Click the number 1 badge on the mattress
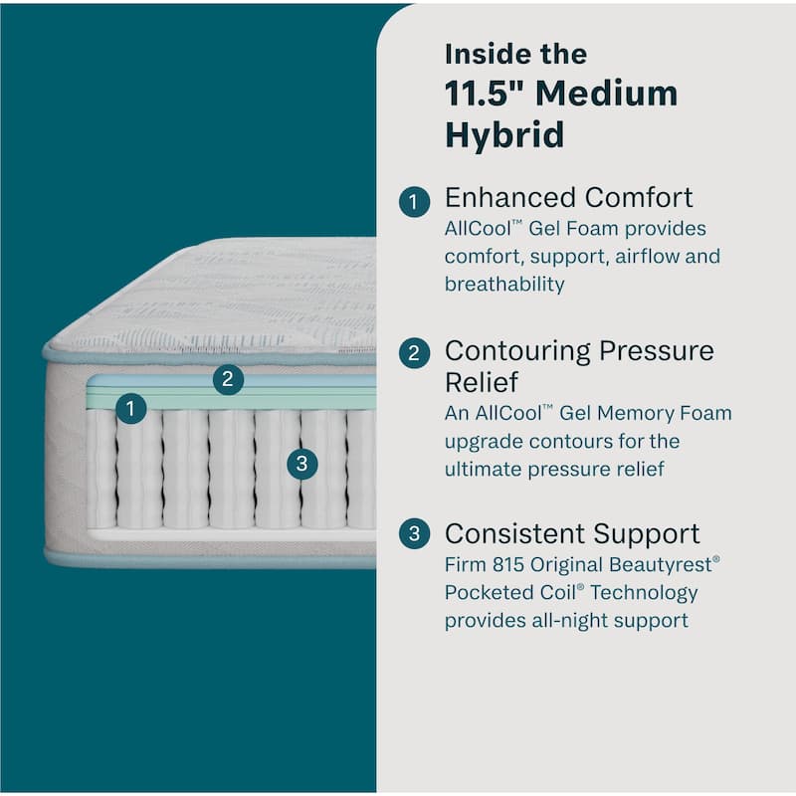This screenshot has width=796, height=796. point(130,408)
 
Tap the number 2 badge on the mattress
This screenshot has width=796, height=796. point(228,378)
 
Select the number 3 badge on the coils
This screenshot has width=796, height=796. point(301,463)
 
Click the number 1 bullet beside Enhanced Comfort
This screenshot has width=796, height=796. point(414,202)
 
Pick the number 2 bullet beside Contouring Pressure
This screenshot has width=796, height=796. point(414,353)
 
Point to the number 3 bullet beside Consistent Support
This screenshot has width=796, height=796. point(414,534)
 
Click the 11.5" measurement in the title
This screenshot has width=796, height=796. point(485,94)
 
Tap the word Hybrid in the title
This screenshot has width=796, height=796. point(504,134)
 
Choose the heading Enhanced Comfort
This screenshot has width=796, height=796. point(568,197)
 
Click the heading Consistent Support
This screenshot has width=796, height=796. point(572,533)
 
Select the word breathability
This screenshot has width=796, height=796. point(504,285)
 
